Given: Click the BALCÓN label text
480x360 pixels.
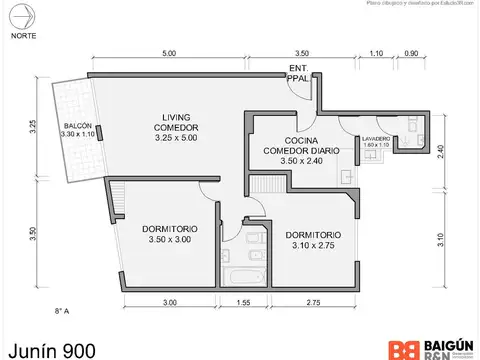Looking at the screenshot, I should (x=75, y=127).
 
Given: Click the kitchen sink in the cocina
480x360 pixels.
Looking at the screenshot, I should (x=345, y=176).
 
